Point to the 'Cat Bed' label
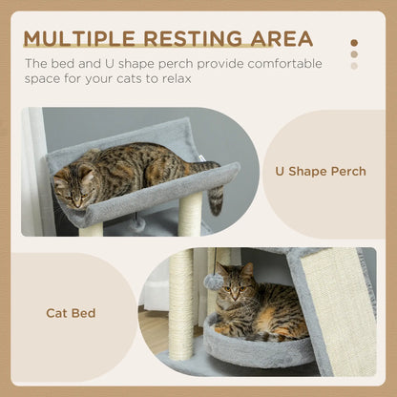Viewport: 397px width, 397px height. pos(70,312)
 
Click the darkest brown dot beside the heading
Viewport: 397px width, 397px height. pos(354,43)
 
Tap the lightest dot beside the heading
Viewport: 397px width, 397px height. pos(354,66)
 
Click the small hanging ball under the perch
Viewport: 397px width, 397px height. pos(138,223)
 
